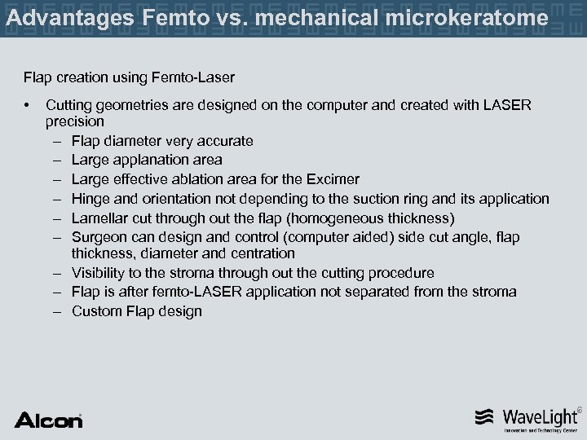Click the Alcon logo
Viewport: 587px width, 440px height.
click(49, 419)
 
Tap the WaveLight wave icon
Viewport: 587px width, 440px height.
click(484, 417)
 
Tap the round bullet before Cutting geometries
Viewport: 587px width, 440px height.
click(28, 105)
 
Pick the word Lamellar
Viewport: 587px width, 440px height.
click(99, 218)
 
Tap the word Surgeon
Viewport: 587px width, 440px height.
click(100, 237)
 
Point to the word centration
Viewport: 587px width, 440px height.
click(258, 253)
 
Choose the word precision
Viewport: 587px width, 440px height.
click(75, 121)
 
